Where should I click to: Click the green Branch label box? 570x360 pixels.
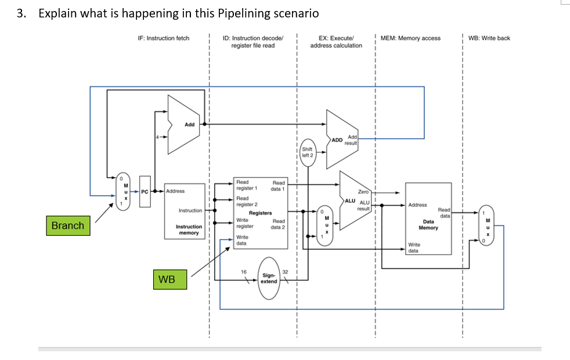[x=68, y=225]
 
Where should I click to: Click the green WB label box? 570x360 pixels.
[x=167, y=280]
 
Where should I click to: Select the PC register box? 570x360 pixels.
[x=145, y=190]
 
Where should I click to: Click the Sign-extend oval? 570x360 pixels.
[x=269, y=278]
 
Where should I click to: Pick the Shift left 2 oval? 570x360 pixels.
[x=308, y=152]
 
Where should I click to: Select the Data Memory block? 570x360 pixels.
[x=428, y=218]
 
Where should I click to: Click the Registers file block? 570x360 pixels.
[x=260, y=214]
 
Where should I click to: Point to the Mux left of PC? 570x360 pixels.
[x=123, y=190]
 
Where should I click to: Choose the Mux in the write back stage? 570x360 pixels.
[x=487, y=226]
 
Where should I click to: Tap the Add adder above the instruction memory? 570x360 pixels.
[x=185, y=124]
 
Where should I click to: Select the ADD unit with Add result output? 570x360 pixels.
[x=343, y=139]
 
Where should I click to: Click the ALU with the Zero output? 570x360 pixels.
[x=355, y=200]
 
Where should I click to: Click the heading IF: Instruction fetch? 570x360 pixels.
[x=164, y=38]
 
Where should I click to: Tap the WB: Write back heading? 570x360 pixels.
[x=489, y=38]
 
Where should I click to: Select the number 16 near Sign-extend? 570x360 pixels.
[x=244, y=272]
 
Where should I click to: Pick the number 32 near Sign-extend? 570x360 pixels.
[x=285, y=272]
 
